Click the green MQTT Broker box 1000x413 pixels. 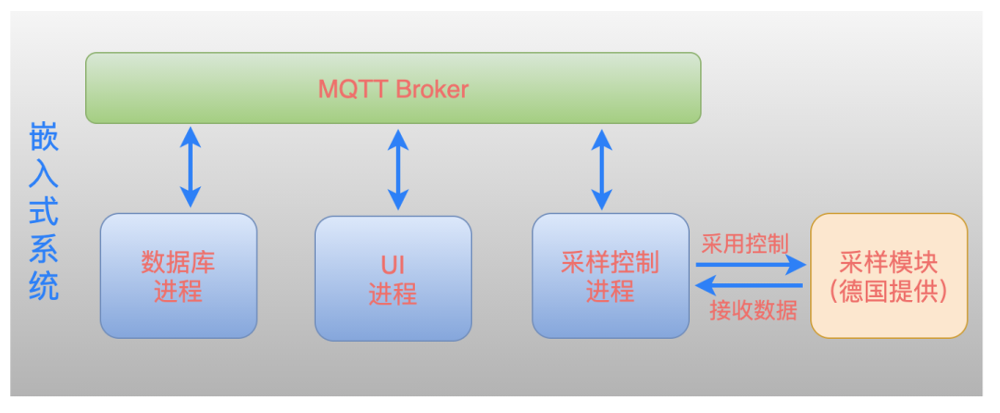pos(394,88)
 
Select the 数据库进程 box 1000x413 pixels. pos(179,276)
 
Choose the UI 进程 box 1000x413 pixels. pos(394,278)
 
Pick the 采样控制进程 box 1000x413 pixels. pos(610,275)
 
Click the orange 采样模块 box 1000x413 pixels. pos(889,275)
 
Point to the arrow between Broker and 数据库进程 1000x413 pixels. pos(190,167)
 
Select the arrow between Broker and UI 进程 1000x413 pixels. pos(398,169)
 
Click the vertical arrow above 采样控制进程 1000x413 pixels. pos(602,169)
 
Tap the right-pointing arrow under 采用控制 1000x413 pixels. pos(751,264)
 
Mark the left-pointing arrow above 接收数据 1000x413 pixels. pos(749,285)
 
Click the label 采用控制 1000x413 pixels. pos(744,243)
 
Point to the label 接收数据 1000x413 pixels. pos(753,309)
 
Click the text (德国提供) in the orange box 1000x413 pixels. pos(889,292)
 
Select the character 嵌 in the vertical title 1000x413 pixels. pos(44,139)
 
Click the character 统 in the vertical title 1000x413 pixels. pos(44,286)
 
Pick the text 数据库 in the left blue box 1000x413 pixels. pos(178,263)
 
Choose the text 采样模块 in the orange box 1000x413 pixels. pos(889,263)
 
